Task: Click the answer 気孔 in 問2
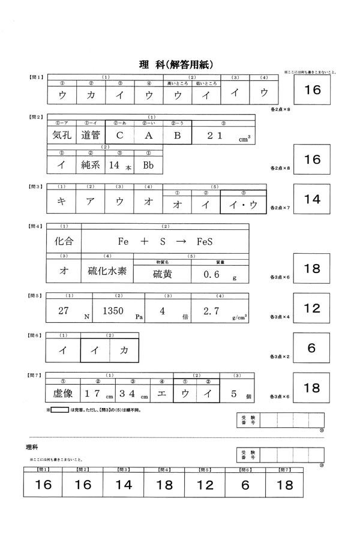[62, 136]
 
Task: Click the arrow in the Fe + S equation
[180, 242]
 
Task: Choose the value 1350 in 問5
[113, 311]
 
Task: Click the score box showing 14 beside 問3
[313, 200]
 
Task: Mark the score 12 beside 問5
[313, 308]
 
